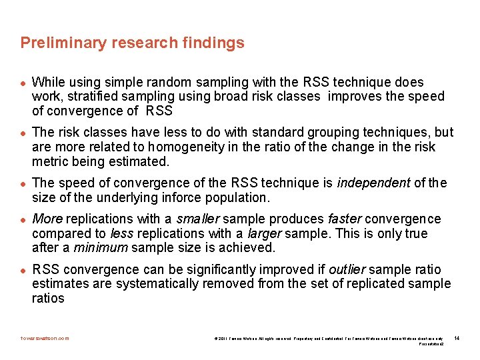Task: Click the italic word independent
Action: click(375, 183)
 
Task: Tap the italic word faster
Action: click(345, 219)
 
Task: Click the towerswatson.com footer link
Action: click(45, 338)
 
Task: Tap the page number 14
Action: click(457, 338)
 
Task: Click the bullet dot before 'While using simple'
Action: click(23, 83)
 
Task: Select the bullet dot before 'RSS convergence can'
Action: click(23, 271)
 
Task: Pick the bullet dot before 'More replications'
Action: click(23, 220)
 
